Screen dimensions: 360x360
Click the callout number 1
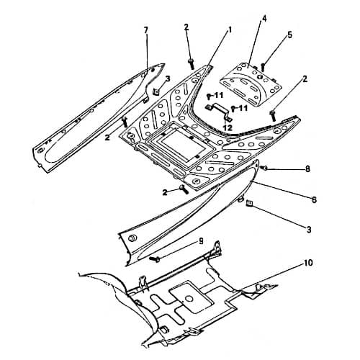point(229,30)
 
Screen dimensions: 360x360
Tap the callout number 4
point(264,19)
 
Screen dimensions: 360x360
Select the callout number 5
point(290,35)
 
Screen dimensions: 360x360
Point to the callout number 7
point(146,30)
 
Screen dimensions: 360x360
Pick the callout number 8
point(307,169)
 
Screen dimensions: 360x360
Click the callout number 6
point(314,199)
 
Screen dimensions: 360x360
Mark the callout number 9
point(201,240)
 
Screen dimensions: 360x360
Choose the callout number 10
point(308,263)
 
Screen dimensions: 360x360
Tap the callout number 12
point(228,127)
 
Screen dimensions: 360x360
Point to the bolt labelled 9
point(155,259)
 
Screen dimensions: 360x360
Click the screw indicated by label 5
point(263,67)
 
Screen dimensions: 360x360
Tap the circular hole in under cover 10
point(189,299)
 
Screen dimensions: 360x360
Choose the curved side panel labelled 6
point(189,214)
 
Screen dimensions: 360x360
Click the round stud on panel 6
point(132,238)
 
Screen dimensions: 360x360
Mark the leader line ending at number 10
point(271,276)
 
